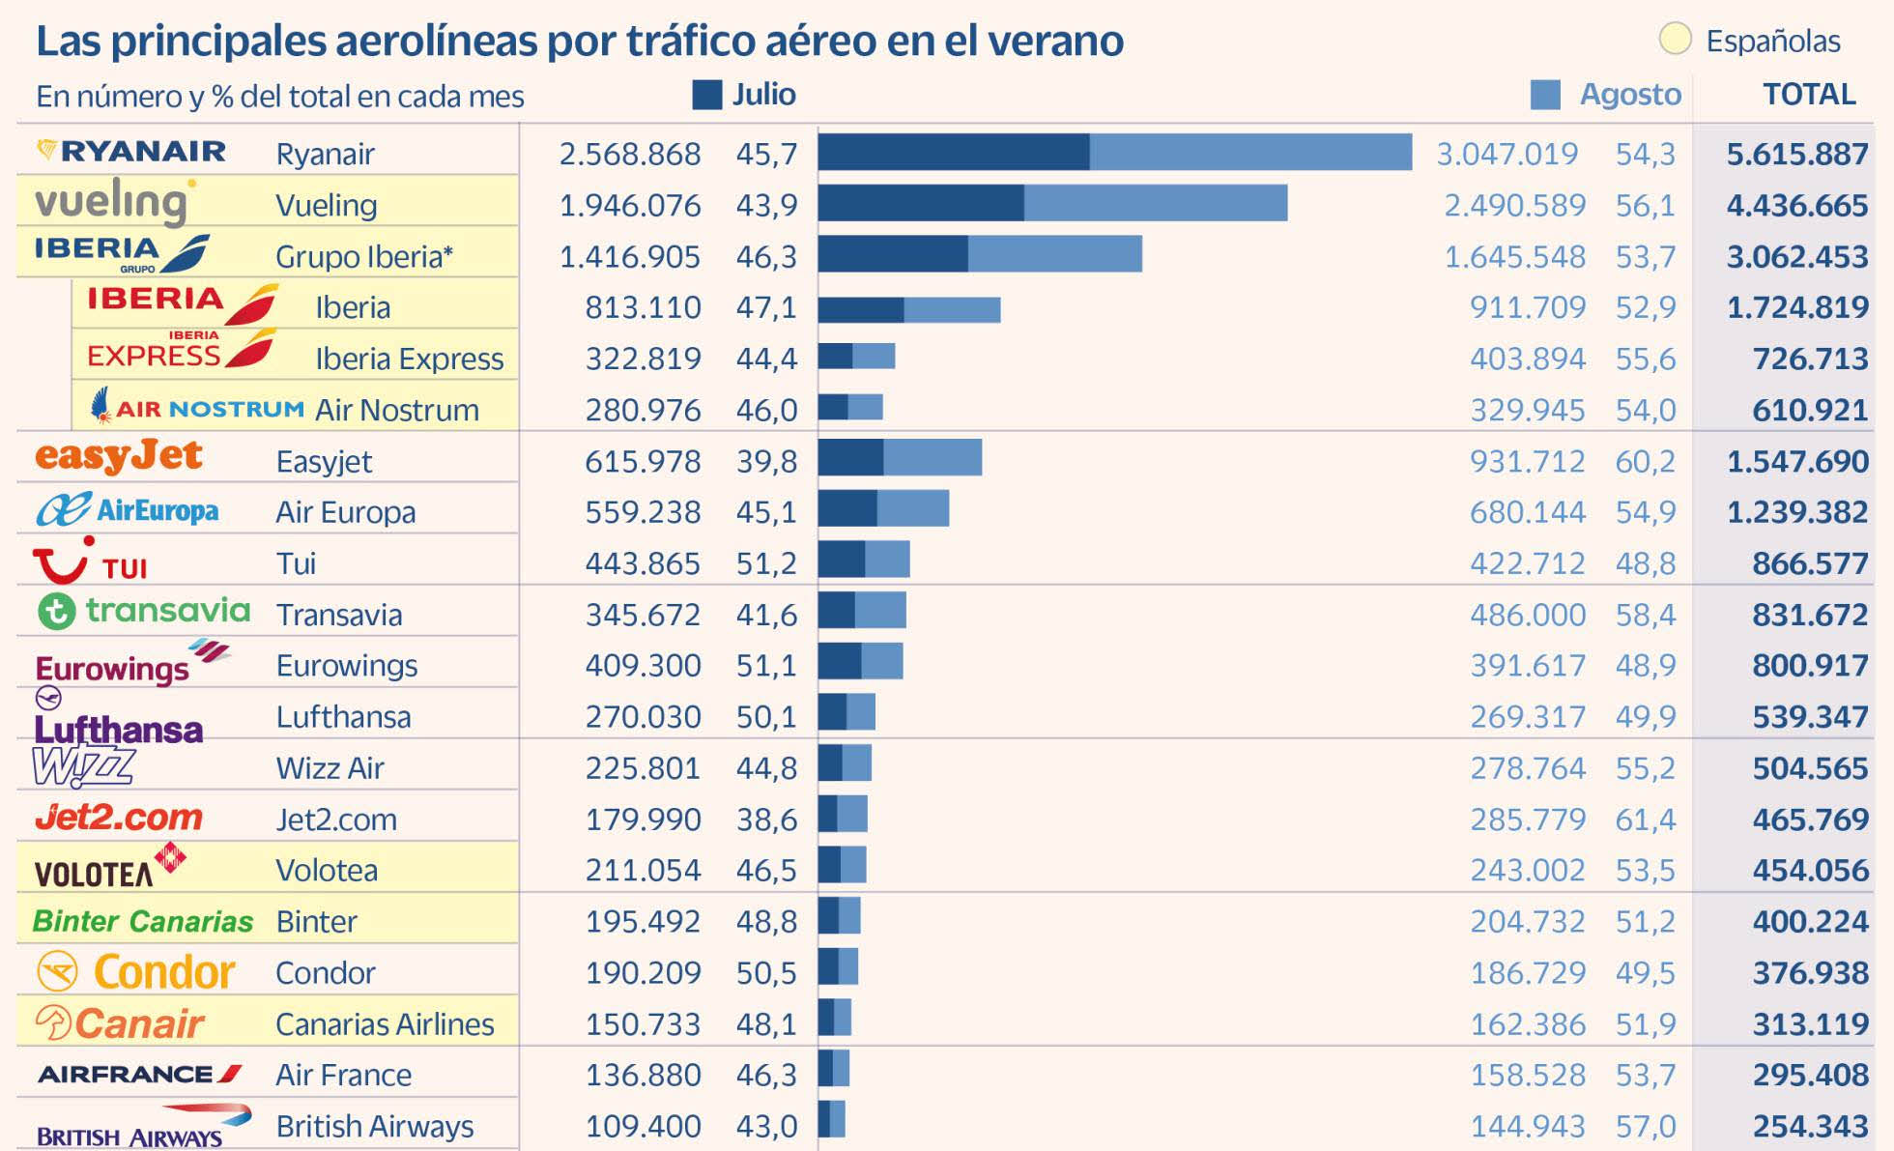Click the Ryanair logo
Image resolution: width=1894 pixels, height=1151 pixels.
point(131,152)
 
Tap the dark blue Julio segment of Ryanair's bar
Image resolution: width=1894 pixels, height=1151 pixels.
point(953,153)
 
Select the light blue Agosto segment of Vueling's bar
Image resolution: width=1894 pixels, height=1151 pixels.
point(1155,204)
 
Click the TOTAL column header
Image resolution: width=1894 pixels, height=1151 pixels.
point(1809,95)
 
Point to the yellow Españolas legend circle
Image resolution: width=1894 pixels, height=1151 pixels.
point(1675,40)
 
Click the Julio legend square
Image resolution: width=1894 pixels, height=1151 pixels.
point(707,95)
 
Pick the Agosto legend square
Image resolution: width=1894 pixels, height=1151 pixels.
point(1545,95)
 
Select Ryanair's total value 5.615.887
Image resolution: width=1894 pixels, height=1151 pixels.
point(1796,154)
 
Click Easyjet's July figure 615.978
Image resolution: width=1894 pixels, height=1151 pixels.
point(643,461)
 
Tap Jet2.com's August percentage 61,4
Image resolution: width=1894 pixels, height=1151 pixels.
point(1645,820)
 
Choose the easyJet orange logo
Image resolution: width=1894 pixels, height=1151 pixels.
point(119,456)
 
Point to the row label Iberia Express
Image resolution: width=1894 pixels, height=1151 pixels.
point(409,359)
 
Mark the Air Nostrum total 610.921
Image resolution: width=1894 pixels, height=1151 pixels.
point(1809,410)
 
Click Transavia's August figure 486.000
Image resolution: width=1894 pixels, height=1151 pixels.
point(1527,615)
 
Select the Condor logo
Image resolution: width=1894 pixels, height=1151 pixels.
point(135,971)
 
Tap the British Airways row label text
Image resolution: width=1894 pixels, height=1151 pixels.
point(374,1126)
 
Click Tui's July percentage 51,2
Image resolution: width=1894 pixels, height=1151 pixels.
point(766,563)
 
